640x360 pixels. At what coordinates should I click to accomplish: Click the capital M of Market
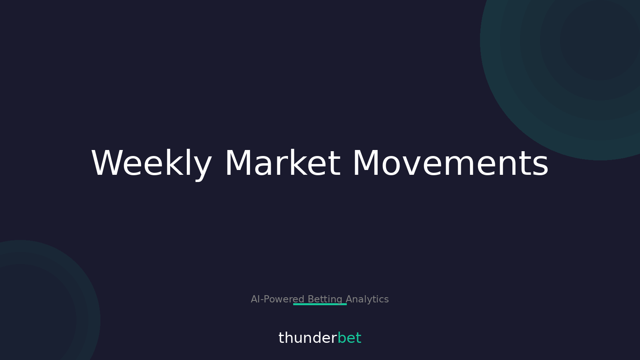tap(239, 163)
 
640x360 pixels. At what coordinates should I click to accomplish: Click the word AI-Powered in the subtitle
tap(278, 299)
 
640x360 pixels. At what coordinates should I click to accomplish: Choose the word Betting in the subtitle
tap(325, 299)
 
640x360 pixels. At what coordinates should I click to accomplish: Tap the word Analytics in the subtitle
tap(367, 299)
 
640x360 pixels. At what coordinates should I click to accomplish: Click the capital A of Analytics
tap(349, 299)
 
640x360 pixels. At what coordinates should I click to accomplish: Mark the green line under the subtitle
tap(320, 304)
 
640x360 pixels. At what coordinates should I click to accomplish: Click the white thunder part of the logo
tap(308, 338)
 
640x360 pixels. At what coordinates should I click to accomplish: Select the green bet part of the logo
tap(349, 338)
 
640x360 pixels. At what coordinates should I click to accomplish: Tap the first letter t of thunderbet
tap(281, 338)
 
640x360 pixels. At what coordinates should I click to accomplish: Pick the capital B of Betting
tap(311, 299)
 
